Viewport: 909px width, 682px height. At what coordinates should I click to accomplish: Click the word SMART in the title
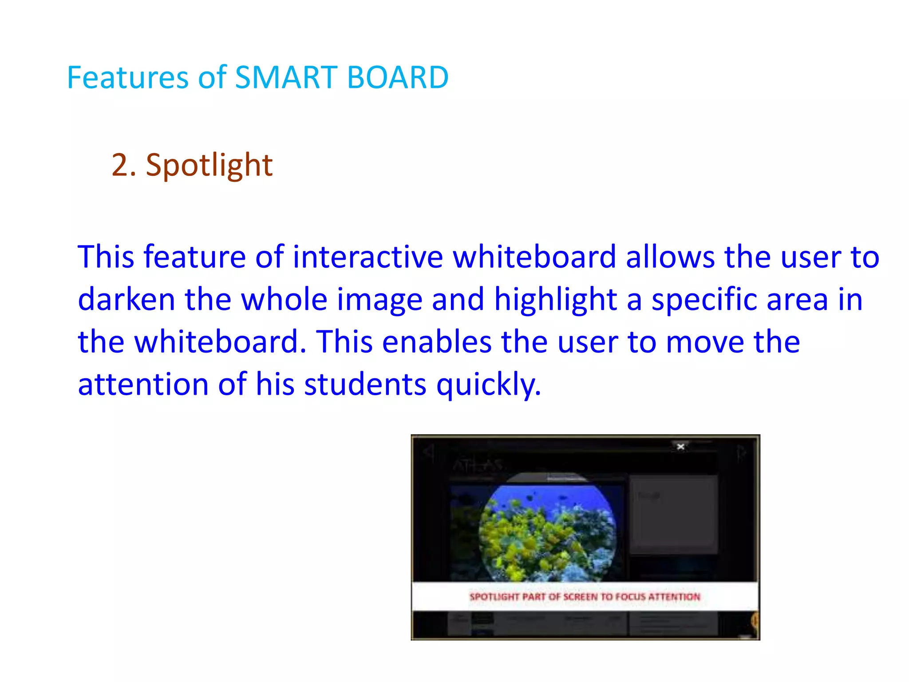click(286, 78)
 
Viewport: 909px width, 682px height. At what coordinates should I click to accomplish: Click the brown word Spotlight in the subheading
click(209, 166)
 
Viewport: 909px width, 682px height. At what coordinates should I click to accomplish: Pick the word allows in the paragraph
click(670, 258)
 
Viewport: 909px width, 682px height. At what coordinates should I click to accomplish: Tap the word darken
click(126, 300)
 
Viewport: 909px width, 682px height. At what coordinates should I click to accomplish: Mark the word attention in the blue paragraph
click(143, 385)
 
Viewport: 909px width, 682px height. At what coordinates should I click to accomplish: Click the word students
click(365, 385)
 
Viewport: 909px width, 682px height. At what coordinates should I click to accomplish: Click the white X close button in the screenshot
click(680, 447)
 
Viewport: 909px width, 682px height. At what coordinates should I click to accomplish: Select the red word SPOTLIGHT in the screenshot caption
click(494, 597)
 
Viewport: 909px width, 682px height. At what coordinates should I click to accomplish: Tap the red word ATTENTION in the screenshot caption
click(674, 597)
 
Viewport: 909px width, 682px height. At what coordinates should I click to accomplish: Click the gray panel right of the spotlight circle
click(673, 515)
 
